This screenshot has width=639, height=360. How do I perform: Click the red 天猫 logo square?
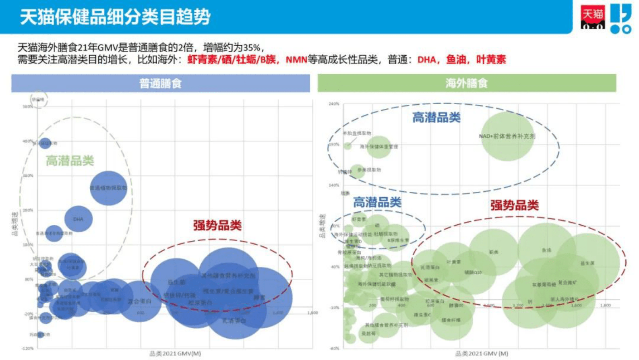(593, 17)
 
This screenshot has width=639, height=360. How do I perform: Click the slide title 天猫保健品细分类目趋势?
(115, 17)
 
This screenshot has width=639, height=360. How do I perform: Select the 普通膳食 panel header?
(160, 83)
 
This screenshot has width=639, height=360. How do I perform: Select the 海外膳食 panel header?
(466, 83)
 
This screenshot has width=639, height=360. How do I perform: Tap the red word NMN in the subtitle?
(296, 60)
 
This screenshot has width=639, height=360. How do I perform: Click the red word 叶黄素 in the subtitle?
(491, 60)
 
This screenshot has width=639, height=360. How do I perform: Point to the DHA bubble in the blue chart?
(79, 219)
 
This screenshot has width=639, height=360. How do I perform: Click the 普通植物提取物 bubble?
(108, 188)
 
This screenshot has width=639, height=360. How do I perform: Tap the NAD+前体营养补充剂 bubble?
(507, 136)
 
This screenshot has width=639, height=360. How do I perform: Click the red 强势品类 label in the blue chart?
(217, 225)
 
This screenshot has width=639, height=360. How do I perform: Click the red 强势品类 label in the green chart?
(514, 205)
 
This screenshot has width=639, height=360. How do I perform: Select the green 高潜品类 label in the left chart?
(70, 161)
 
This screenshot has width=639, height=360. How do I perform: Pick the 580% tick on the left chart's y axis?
(28, 107)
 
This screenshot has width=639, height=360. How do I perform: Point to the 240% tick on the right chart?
(334, 104)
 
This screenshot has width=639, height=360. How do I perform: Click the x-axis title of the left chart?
(175, 354)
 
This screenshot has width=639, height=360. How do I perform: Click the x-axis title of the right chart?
(482, 354)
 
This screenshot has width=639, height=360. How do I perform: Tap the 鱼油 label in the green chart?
(546, 250)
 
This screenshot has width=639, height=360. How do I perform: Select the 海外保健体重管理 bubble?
(378, 147)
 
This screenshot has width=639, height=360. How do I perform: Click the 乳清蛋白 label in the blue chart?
(234, 321)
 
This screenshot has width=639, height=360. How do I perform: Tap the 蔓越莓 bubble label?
(368, 333)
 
